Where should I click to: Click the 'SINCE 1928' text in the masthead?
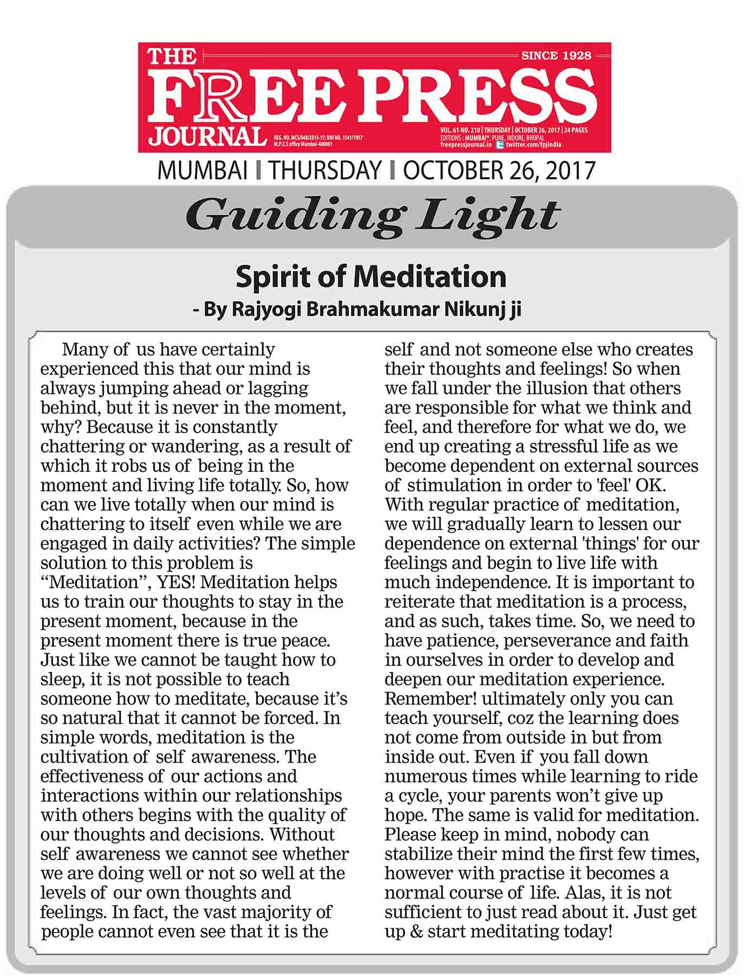coord(556,55)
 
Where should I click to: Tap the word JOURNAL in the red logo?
coord(207,136)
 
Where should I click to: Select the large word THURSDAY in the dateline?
coord(325,170)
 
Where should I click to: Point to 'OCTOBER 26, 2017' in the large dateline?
coord(499,170)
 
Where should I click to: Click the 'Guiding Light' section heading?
coord(373,215)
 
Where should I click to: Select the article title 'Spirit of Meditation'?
coord(371,277)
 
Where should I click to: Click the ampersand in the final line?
coord(415,932)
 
